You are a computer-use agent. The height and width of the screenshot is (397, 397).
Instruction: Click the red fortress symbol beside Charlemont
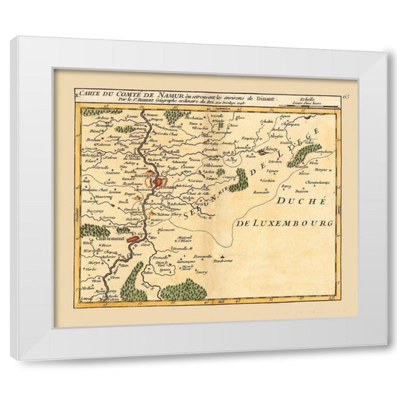tap(132, 240)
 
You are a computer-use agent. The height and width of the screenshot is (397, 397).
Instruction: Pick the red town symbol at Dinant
tap(154, 181)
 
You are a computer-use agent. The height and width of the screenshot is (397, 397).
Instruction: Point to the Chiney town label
tap(270, 149)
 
